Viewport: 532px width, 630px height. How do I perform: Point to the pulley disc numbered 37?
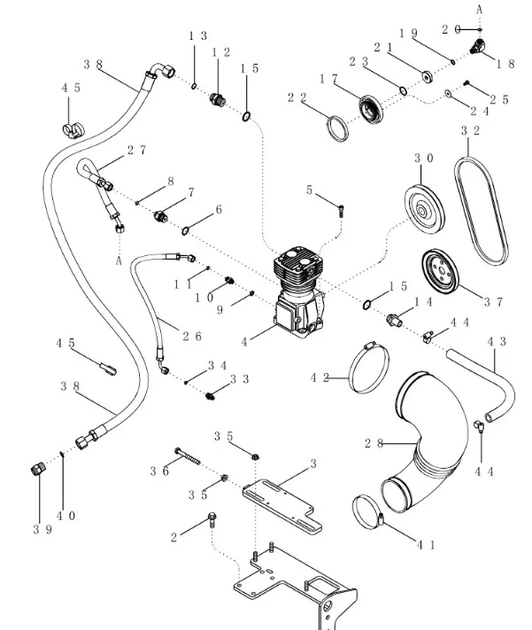[x=440, y=275]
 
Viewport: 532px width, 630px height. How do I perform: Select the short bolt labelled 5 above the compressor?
[x=342, y=208]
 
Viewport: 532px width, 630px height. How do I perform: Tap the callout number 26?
[x=191, y=336]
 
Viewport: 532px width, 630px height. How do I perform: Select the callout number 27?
[x=135, y=151]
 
